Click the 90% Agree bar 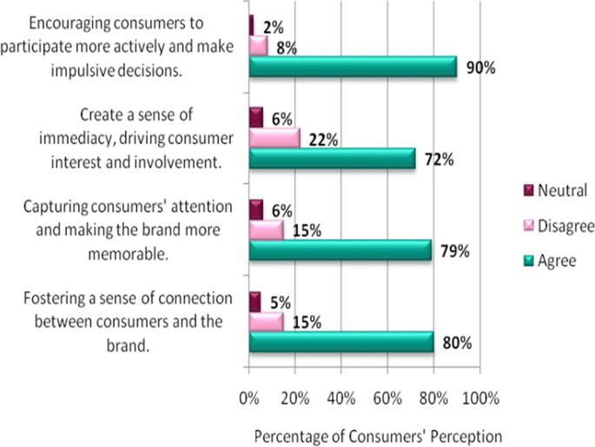coord(353,67)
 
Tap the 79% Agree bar coord(340,251)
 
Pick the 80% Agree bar coord(341,342)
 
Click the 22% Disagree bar coord(274,137)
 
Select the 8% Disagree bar coord(259,45)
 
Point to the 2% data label coord(270,27)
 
